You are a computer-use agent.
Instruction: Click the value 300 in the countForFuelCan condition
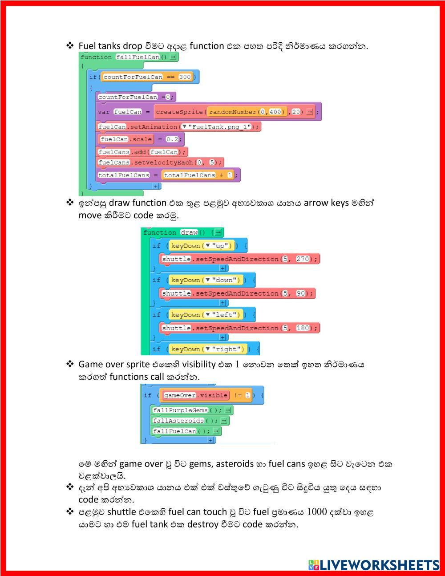185,77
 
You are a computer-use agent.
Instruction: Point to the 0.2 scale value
172,139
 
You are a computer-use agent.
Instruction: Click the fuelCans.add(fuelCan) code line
142,152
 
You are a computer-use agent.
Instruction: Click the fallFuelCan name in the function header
138,57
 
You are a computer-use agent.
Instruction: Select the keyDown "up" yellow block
202,246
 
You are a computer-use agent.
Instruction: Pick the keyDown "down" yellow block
206,280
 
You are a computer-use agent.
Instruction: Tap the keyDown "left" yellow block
206,315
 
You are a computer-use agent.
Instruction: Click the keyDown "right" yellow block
208,349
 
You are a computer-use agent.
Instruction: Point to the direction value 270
303,259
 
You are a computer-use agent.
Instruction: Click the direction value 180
303,328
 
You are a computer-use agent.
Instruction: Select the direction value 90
301,293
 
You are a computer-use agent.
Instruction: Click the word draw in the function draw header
189,232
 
